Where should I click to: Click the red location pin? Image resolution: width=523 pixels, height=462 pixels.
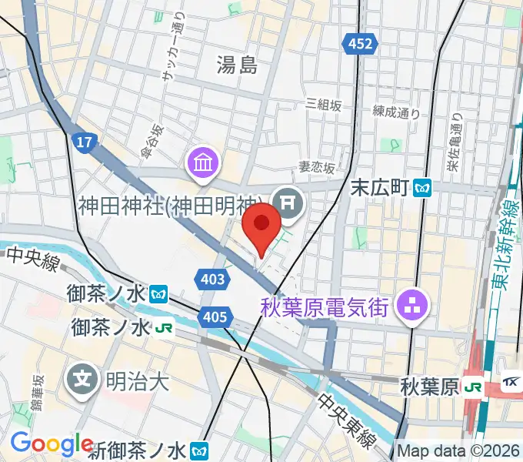[x=261, y=225]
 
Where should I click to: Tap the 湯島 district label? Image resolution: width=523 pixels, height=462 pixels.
[x=237, y=66]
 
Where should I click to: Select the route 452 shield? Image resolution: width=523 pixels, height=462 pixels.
[x=361, y=45]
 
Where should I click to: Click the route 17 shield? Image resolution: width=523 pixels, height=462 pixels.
[x=84, y=141]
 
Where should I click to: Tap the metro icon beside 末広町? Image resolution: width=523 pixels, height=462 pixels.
[x=422, y=186]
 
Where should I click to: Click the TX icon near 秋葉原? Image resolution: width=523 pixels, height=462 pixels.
[x=510, y=383]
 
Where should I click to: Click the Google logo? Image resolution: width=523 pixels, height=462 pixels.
[x=52, y=444]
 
